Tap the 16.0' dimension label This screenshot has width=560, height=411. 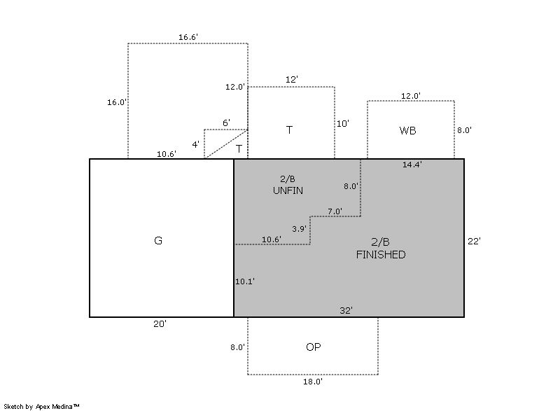[x=117, y=102]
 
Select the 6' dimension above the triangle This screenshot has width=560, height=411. [x=226, y=123]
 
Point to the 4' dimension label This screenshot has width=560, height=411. [x=196, y=144]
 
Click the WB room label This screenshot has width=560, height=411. [x=408, y=130]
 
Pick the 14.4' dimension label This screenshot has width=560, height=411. [x=412, y=165]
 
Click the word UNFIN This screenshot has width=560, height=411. [x=288, y=190]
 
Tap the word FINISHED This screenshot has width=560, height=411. [x=380, y=255]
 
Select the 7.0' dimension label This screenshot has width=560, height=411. [x=335, y=211]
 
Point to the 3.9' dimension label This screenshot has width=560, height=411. [x=299, y=229]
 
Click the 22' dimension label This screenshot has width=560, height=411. [x=474, y=241]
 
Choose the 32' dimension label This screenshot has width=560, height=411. [x=346, y=310]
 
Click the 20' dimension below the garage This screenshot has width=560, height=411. [x=160, y=324]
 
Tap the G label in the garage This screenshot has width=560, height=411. [x=157, y=241]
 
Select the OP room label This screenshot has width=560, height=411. [x=314, y=347]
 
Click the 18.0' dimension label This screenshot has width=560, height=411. [x=312, y=382]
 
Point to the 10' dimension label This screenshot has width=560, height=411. [x=343, y=123]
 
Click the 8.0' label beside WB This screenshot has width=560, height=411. [x=465, y=130]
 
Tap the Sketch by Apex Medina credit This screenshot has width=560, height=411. [x=41, y=405]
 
